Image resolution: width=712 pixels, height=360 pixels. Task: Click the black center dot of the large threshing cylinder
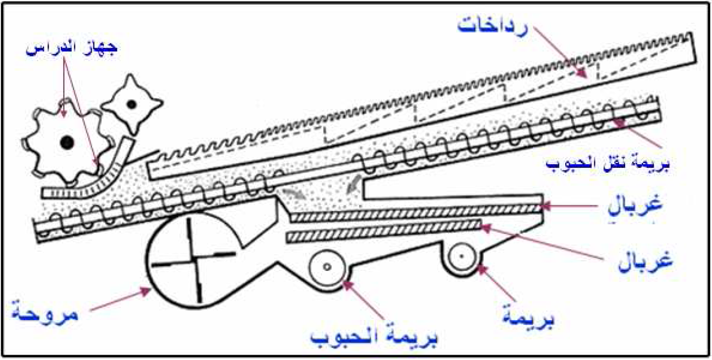67,142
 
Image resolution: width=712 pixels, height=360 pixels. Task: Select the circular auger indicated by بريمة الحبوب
327,267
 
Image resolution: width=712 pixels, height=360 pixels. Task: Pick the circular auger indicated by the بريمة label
462,256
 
